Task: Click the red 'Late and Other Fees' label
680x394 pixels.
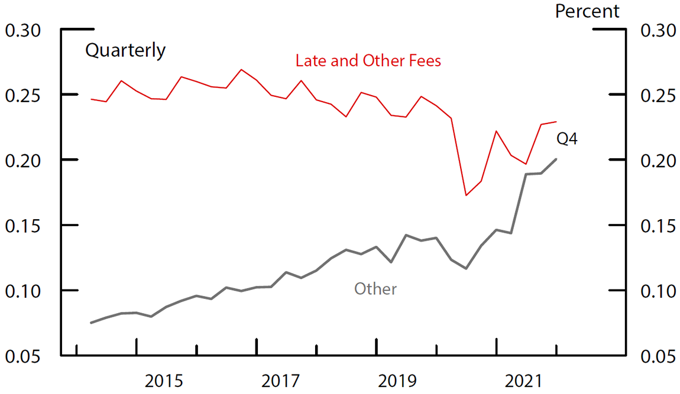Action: tap(368, 61)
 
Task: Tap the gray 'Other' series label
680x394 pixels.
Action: tap(375, 289)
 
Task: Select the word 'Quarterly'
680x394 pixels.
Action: tap(125, 51)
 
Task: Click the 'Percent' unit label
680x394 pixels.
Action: tap(587, 11)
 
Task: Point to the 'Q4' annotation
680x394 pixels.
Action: tap(567, 139)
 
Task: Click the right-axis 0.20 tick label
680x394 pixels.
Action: tap(658, 160)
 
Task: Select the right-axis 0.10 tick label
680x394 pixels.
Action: tap(658, 291)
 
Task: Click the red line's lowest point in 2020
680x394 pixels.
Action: tap(466, 195)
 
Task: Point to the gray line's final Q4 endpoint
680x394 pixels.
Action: tap(556, 159)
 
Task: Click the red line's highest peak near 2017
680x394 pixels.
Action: tap(241, 70)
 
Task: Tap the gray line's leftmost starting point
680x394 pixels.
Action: tap(91, 323)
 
